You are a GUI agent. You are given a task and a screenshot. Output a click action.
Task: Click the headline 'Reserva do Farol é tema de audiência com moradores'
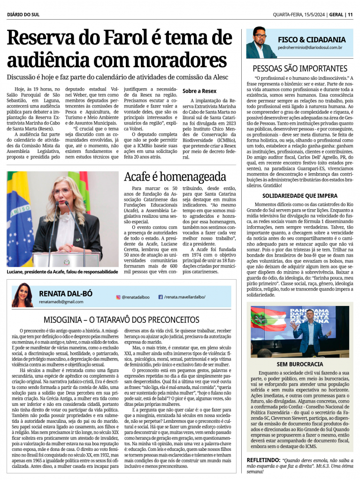pos(120,50)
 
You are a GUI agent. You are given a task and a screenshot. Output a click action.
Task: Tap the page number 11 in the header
pos(350,15)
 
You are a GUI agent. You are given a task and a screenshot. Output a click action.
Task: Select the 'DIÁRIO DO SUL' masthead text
pos(23,15)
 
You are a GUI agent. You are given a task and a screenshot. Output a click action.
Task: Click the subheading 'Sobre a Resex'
pos(199,91)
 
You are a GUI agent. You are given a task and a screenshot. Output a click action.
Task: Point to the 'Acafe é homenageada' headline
pos(175,177)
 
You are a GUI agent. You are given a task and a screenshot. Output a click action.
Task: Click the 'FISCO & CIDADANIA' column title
pos(312,40)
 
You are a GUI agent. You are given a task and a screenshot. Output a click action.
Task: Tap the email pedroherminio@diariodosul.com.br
pos(310,48)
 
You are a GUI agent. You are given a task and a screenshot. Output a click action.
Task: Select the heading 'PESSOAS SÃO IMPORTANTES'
pos(300,69)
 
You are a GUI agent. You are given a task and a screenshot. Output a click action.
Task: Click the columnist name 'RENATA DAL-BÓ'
pos(66,293)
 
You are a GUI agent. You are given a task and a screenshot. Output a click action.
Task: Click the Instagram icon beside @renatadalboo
pos(118,297)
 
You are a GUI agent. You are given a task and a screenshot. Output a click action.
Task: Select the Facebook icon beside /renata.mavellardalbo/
pos(160,297)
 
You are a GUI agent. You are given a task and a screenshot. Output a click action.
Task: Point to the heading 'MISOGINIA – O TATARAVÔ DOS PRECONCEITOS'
pos(122,320)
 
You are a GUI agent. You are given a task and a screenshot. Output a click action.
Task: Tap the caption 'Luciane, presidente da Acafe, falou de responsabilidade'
pos(62,272)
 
